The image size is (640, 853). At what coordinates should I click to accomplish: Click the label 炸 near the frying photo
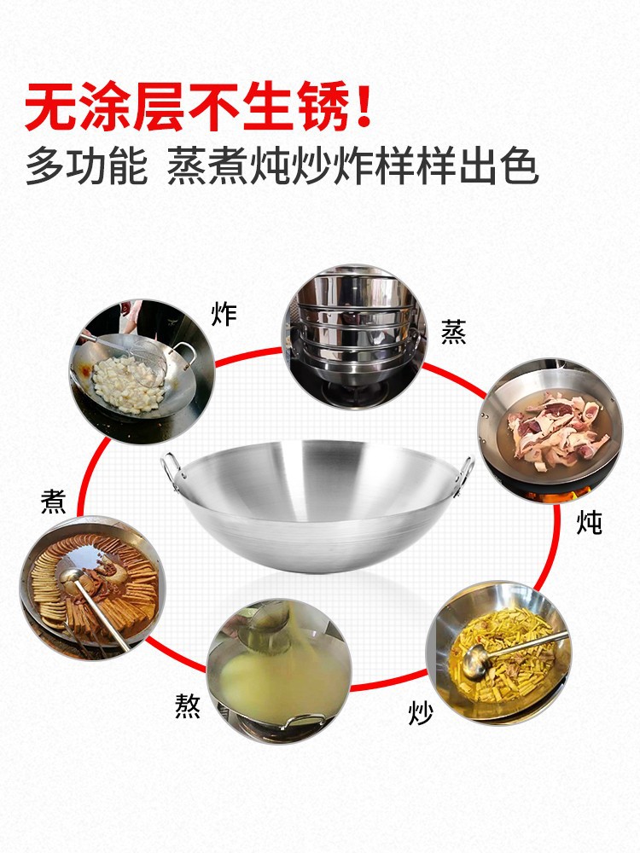point(224,315)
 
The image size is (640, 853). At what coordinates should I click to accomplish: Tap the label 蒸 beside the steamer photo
point(453,332)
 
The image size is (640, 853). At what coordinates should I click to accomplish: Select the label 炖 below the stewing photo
point(589,523)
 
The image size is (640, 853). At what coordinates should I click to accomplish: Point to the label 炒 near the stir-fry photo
point(421,712)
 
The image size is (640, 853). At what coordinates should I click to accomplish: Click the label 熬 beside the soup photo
point(188,706)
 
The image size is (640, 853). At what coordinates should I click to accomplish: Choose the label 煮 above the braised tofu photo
point(53,502)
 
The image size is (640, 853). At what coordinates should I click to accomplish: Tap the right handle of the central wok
point(464,473)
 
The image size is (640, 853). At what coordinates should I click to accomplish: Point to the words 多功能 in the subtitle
point(86,166)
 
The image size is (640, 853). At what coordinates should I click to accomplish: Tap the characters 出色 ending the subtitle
point(499,166)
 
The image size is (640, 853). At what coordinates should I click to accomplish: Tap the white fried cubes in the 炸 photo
point(127,384)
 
